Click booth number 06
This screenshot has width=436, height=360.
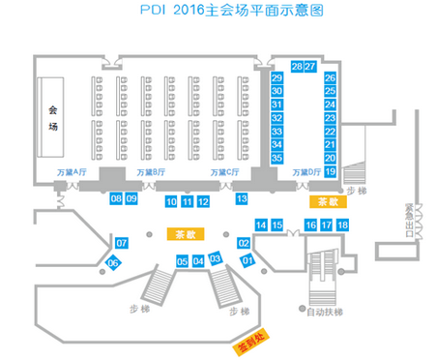113,263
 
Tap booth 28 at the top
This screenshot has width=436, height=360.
296,67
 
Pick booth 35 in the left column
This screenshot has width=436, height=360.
276,158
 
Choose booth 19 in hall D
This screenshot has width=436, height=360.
330,171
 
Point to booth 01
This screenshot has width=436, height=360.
247,259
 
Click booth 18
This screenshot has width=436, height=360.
342,225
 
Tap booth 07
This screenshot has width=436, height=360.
122,241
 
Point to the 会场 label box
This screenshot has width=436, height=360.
54,118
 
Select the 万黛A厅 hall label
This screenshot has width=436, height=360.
73,172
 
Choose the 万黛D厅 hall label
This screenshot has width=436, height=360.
304,172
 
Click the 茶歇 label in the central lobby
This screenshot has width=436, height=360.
184,234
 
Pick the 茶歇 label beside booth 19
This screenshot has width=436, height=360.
325,202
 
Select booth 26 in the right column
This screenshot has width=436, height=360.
330,77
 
